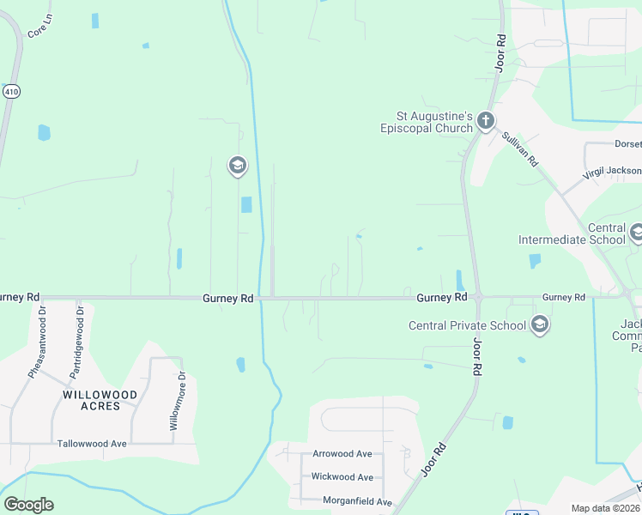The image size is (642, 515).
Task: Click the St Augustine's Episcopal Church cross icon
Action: [486, 121]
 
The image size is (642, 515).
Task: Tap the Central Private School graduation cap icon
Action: [540, 324]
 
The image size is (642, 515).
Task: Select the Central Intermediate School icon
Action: [637, 232]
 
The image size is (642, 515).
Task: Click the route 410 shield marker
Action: [11, 91]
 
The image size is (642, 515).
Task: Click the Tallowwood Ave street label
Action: [92, 444]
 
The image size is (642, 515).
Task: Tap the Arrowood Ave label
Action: [342, 453]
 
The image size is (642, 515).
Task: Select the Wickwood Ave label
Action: [342, 476]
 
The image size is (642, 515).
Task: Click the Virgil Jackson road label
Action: [612, 172]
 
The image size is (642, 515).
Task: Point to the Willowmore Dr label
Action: [177, 401]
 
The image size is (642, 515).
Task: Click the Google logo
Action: [28, 505]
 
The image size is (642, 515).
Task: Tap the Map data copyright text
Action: [605, 508]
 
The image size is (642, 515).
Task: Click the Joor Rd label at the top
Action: [500, 52]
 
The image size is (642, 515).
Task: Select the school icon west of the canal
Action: [238, 166]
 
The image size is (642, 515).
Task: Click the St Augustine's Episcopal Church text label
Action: [427, 122]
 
